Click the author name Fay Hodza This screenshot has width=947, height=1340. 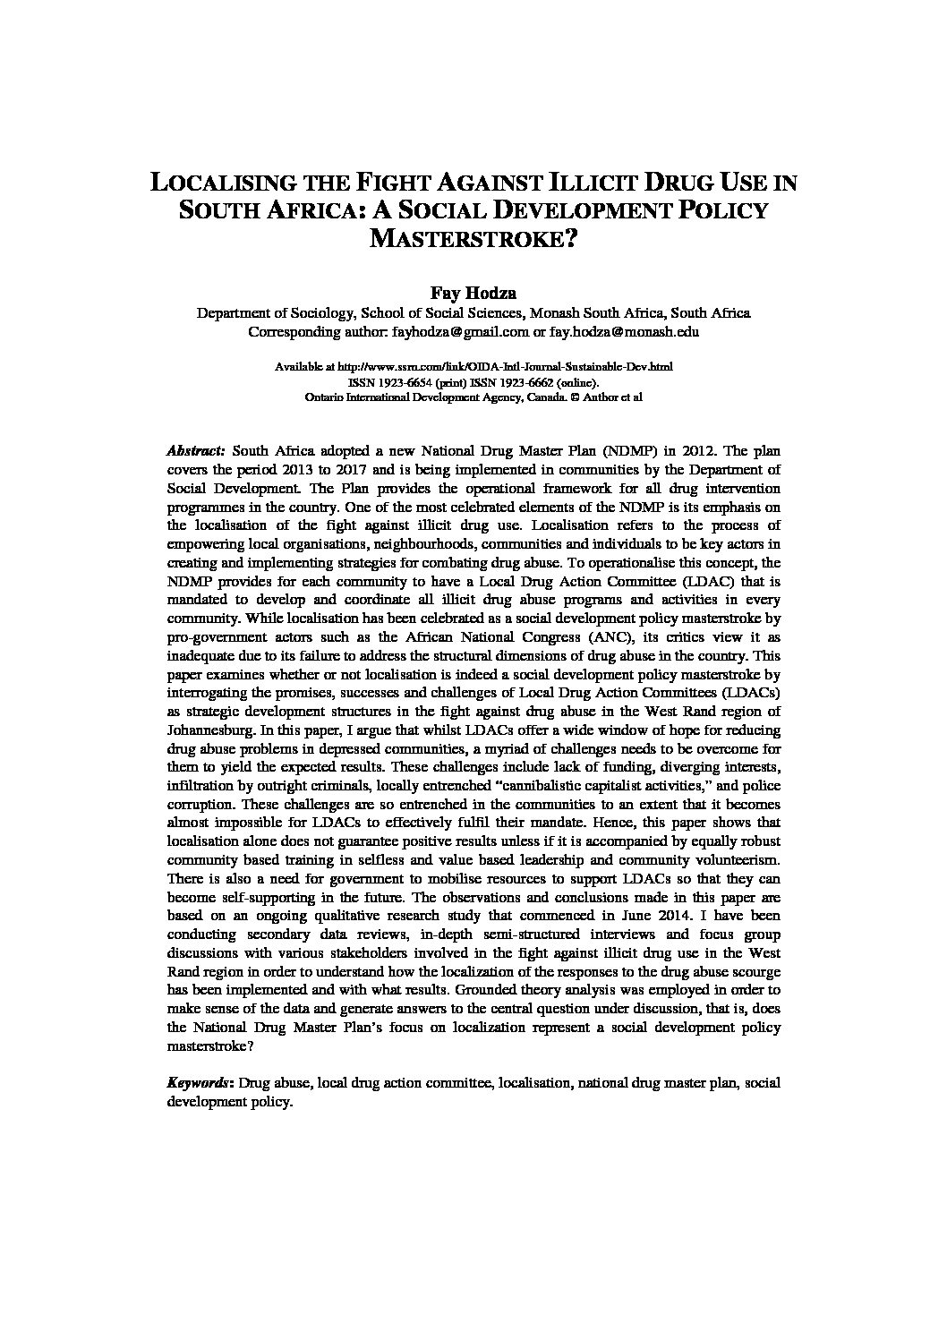tap(473, 293)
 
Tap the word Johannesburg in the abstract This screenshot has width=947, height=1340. tap(209, 730)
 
